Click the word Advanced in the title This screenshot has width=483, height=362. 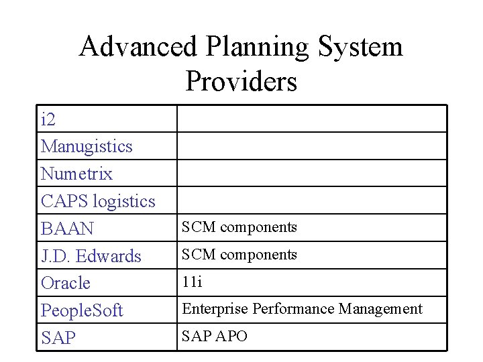click(x=138, y=48)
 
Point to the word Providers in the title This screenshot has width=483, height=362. click(x=241, y=82)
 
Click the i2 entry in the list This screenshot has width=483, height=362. click(x=48, y=120)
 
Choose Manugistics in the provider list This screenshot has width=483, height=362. click(x=87, y=147)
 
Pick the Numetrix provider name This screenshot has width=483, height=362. click(x=76, y=174)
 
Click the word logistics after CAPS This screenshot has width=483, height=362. click(x=124, y=202)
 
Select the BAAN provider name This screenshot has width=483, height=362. click(x=67, y=229)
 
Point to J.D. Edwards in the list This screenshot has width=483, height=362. click(x=91, y=256)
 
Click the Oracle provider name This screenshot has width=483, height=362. click(x=65, y=283)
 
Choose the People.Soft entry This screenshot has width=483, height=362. click(x=82, y=311)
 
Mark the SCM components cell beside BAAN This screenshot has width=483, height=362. click(x=239, y=227)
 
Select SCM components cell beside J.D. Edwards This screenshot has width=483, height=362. click(x=239, y=255)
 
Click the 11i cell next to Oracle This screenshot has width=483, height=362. click(x=192, y=282)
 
